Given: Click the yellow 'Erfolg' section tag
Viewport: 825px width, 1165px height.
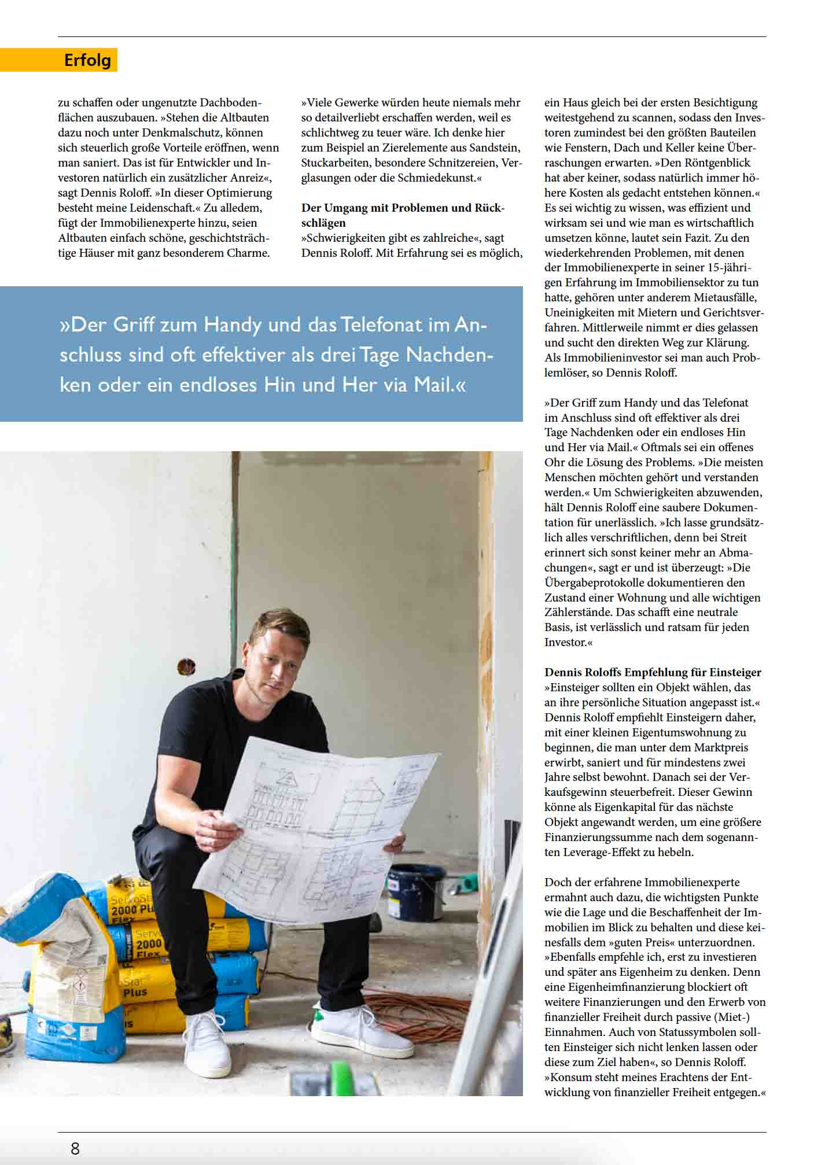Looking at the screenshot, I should pyautogui.click(x=87, y=60).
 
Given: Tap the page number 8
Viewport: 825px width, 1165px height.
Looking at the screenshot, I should pyautogui.click(x=75, y=1148).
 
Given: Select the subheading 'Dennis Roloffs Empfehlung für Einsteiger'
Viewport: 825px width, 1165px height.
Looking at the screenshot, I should pyautogui.click(x=653, y=672).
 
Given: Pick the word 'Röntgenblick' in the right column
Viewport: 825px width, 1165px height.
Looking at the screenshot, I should pyautogui.click(x=717, y=163).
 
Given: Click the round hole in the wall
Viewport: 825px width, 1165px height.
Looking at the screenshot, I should pyautogui.click(x=186, y=666).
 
